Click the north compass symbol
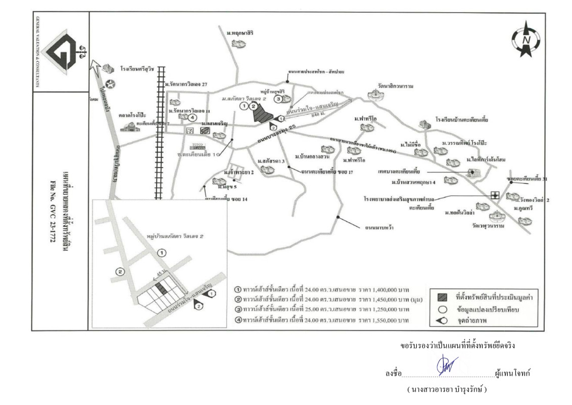tap(526, 38)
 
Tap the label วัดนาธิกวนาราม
tap(392, 86)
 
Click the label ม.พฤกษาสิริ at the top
tap(240, 33)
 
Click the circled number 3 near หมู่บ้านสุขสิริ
tap(278, 99)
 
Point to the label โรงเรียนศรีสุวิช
tap(136, 69)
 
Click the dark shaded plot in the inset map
tap(160, 288)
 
